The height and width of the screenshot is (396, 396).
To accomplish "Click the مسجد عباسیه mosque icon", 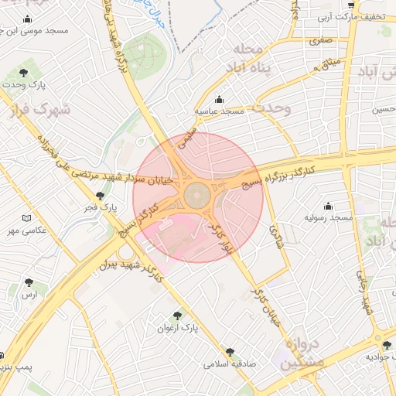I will pos(219,100).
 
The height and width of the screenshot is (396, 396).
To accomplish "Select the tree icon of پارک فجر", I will pos(99,196).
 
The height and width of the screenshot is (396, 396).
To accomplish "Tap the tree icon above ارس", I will pos(29,283).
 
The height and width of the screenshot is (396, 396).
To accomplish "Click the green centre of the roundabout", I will pos(197,194).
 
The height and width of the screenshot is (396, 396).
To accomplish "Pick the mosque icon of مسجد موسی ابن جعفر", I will pos(28,19).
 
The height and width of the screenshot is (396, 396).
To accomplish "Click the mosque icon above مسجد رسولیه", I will pos(329,207).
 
